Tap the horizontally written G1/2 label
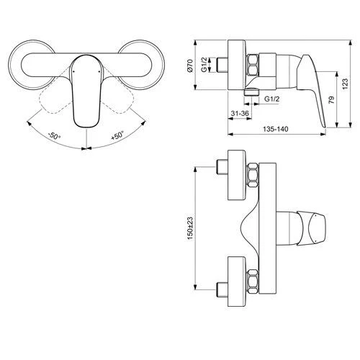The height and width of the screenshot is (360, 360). click(x=272, y=97)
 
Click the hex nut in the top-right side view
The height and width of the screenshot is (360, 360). click(x=255, y=66)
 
